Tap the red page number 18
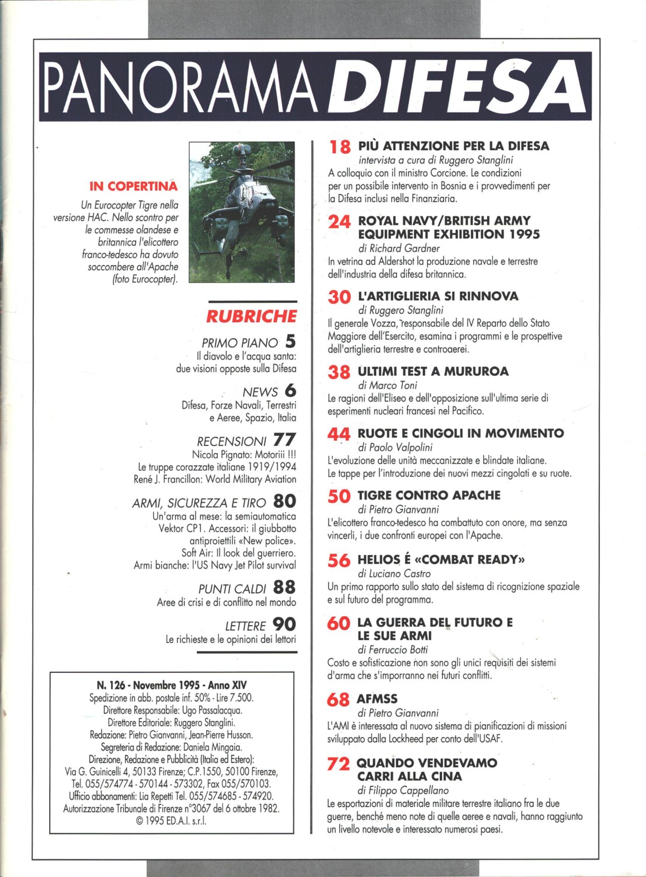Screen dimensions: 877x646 click(339, 147)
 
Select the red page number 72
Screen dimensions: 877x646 click(338, 764)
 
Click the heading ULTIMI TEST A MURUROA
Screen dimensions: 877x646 click(433, 371)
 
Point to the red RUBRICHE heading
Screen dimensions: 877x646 click(251, 316)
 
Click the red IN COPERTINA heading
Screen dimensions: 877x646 click(133, 187)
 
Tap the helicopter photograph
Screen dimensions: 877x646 click(242, 212)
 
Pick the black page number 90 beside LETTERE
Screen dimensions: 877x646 click(284, 624)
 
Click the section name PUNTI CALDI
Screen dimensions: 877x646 click(232, 589)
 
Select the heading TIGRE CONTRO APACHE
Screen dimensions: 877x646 click(429, 495)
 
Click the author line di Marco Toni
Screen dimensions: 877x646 click(387, 385)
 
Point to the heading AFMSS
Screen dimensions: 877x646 click(377, 699)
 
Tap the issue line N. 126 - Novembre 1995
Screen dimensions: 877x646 click(172, 685)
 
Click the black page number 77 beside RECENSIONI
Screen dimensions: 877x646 click(284, 440)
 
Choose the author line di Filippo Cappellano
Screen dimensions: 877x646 click(403, 790)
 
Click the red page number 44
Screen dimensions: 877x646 click(339, 434)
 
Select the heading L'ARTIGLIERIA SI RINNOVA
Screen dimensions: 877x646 click(437, 296)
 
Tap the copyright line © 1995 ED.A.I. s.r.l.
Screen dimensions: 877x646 click(171, 821)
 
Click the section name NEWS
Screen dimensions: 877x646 click(260, 392)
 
